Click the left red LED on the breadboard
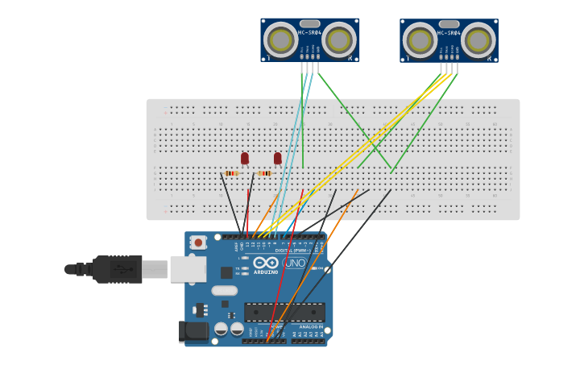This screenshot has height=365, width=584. [x=245, y=158]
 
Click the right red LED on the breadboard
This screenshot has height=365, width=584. [x=278, y=158]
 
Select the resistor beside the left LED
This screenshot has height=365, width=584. [x=232, y=173]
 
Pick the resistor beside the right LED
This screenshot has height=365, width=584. [x=264, y=173]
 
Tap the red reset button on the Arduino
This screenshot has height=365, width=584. [x=198, y=242]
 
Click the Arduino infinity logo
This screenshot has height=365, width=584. [x=266, y=263]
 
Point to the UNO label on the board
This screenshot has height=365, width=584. [x=293, y=263]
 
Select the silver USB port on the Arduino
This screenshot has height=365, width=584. [x=188, y=268]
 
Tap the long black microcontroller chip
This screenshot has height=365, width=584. [x=284, y=312]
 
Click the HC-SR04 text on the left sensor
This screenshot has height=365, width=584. [x=310, y=33]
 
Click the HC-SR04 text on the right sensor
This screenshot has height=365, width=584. [x=449, y=33]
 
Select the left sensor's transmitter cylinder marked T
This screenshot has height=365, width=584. [x=280, y=39]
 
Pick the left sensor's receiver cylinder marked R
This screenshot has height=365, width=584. [x=339, y=39]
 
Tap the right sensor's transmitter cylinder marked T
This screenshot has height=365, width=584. [x=420, y=39]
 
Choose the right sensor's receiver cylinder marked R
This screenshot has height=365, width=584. [x=478, y=39]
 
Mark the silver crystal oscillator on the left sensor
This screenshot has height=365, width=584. [x=310, y=23]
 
